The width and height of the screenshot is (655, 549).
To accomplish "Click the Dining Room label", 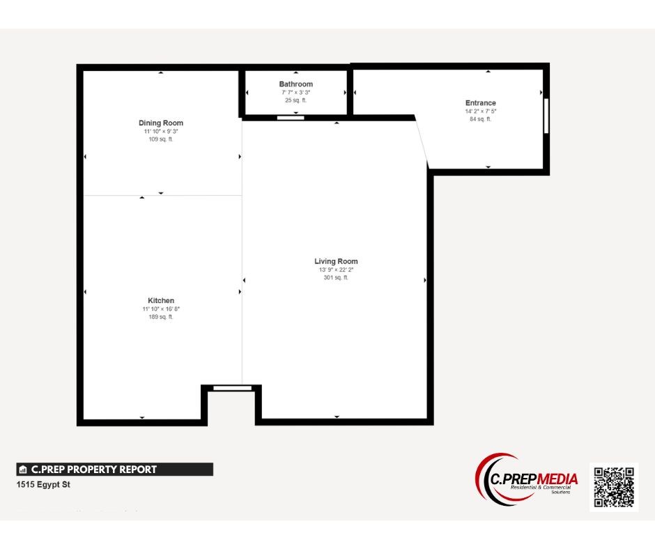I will click(161, 123).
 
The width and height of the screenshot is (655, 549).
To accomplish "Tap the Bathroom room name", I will click(296, 84).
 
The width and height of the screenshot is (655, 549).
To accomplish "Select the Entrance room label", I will click(481, 103).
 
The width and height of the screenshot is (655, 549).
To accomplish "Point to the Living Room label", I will click(336, 261).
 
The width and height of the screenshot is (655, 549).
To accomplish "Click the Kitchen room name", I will click(161, 301).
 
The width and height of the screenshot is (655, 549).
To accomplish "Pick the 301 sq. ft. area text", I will click(336, 278).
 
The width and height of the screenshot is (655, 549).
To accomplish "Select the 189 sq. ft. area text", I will click(161, 317).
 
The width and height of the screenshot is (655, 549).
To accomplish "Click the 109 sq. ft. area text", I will click(161, 139).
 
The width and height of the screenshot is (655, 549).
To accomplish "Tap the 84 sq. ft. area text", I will click(481, 119).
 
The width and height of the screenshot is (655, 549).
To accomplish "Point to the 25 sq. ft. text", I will click(296, 100).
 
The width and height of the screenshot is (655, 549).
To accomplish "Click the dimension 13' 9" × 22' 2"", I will click(336, 270).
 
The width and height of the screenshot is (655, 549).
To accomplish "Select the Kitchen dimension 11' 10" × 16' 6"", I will click(161, 309).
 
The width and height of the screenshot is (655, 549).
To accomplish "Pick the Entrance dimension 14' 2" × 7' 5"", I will click(481, 111).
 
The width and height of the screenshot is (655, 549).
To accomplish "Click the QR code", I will click(614, 487).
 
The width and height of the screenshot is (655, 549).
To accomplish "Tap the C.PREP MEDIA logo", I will click(527, 481).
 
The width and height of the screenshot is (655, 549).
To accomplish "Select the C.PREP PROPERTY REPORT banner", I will click(115, 470).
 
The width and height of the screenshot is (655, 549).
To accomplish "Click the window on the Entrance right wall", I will click(546, 116).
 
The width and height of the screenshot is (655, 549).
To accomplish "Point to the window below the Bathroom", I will click(291, 118).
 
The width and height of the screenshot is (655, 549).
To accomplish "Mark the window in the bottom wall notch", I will click(232, 388).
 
